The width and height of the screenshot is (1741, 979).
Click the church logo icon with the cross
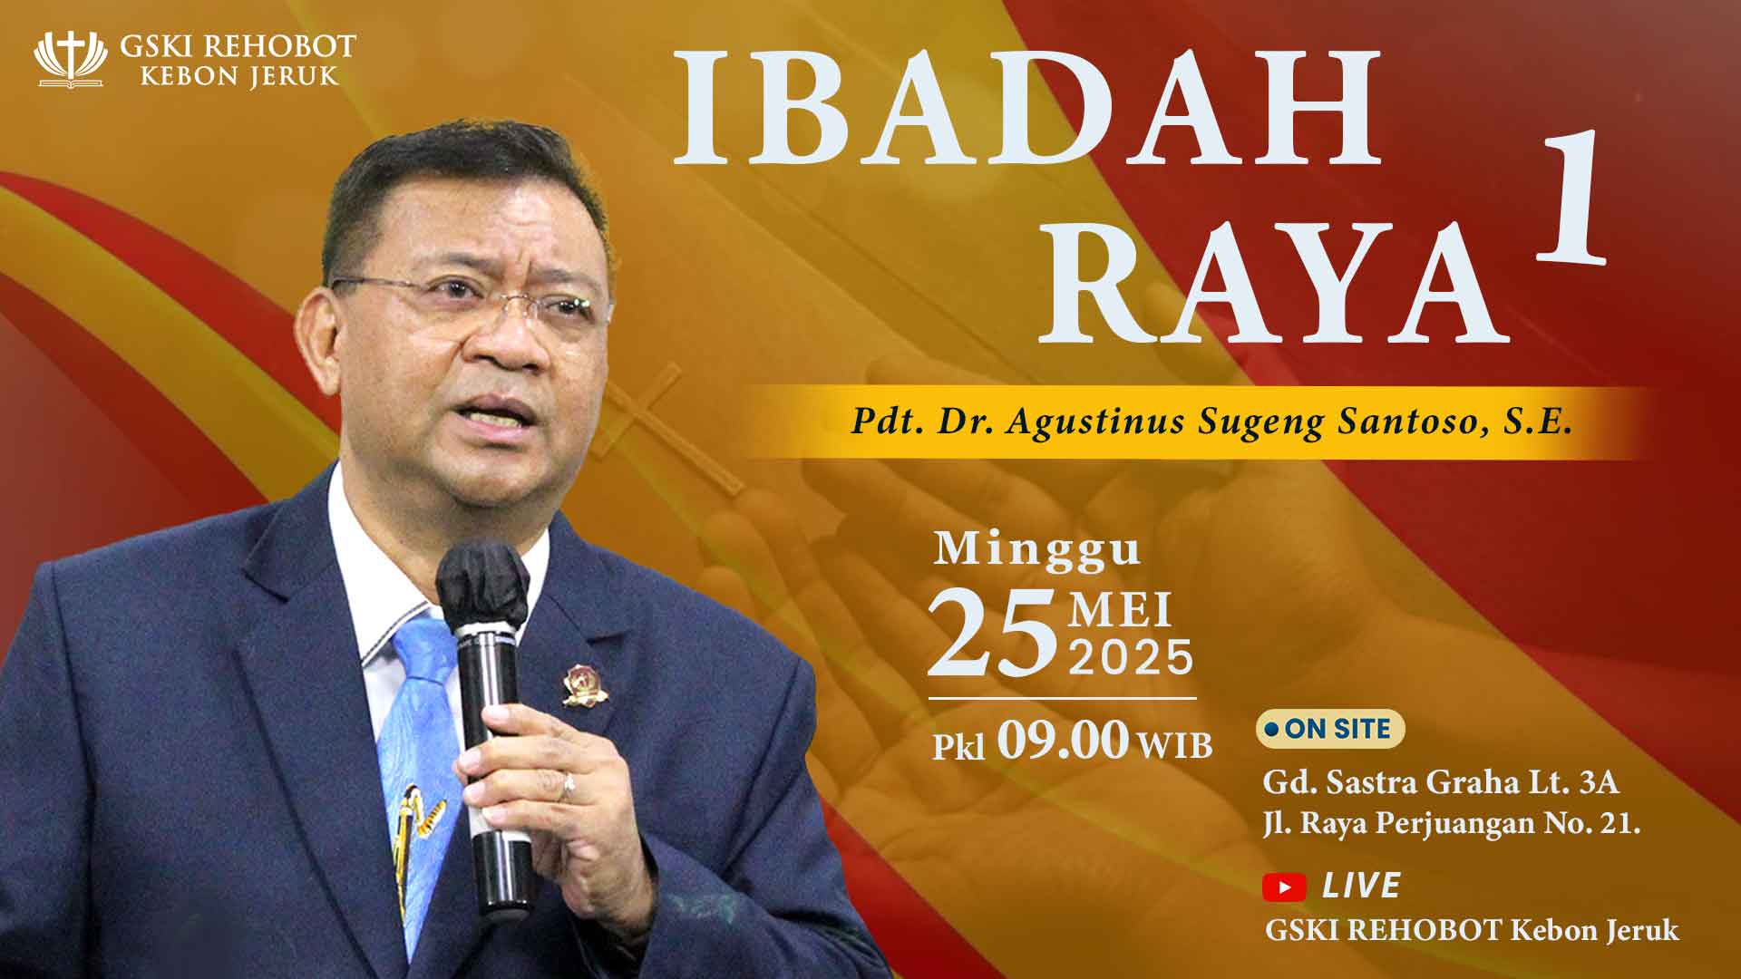[x=70, y=59]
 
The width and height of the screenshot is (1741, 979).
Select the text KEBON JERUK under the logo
[x=239, y=75]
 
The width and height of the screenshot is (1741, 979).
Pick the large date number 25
[x=993, y=633]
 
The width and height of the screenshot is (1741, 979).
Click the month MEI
[x=1121, y=611]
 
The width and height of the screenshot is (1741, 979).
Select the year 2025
[x=1131, y=657]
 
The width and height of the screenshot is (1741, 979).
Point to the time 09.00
[x=1063, y=741]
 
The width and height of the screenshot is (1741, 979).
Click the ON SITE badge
[x=1329, y=729]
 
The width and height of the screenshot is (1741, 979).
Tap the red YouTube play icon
[x=1284, y=887]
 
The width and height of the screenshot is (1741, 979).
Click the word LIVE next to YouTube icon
[x=1361, y=886]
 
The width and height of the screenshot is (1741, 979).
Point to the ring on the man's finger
[x=568, y=786]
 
